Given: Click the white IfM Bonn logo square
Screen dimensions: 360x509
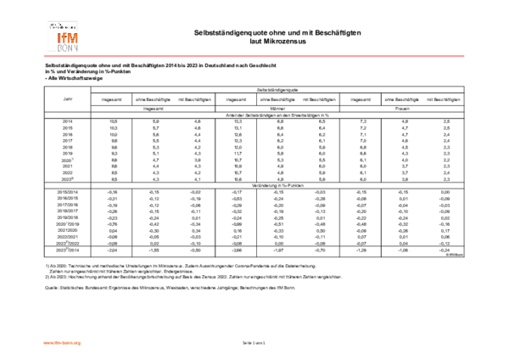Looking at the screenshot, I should click(63, 36).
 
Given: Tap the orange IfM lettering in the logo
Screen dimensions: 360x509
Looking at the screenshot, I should click(67, 38).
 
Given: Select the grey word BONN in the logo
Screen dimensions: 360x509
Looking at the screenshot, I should click(67, 48).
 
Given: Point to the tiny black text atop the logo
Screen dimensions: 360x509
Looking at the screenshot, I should click(62, 26).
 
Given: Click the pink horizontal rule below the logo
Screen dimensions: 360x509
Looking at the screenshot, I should click(254, 56).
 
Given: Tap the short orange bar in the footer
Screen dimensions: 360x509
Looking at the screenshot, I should click(62, 343).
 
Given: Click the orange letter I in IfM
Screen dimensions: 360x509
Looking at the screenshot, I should click(59, 38).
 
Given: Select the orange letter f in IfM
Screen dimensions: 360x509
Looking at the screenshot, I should click(64, 38).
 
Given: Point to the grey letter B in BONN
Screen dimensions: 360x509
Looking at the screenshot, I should click(59, 48).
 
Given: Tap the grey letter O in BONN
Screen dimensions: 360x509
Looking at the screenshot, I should click(64, 48).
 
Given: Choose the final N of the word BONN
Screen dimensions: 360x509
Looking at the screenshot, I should click(76, 48).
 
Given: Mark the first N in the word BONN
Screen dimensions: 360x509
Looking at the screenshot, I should click(70, 48).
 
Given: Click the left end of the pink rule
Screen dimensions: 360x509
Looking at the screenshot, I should click(44, 56).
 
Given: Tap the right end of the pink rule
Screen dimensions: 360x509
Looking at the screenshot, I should click(464, 56).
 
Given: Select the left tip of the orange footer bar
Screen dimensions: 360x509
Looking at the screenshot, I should click(43, 343).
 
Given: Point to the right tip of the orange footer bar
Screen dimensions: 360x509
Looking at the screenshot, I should click(81, 343).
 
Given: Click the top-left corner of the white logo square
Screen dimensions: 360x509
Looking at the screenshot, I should click(46, 19).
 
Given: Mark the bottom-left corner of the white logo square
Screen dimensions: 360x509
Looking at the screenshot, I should click(46, 53).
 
